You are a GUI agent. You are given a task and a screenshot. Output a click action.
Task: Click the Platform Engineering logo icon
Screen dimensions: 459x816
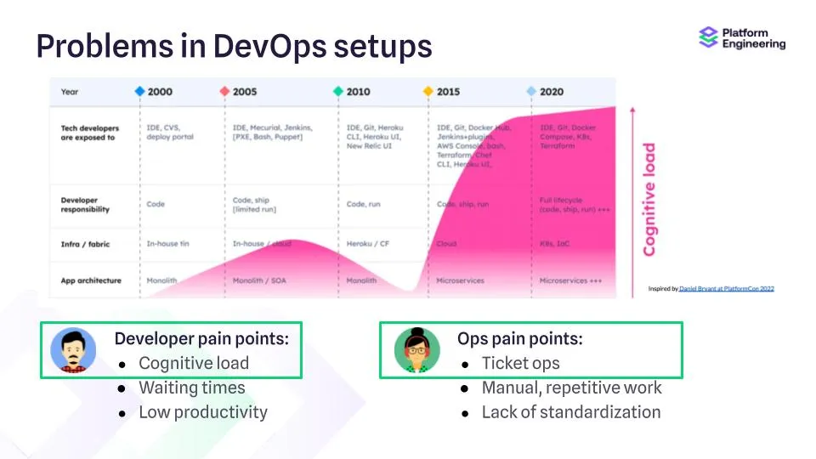tap(708, 38)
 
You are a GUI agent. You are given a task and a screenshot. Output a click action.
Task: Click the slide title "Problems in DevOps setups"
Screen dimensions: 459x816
tap(234, 47)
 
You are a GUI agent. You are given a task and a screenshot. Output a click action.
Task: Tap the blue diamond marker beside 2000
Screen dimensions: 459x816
tap(139, 91)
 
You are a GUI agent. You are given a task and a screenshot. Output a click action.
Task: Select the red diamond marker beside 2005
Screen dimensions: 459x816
tap(224, 91)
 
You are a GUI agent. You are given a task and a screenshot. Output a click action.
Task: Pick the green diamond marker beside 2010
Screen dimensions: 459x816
tap(338, 91)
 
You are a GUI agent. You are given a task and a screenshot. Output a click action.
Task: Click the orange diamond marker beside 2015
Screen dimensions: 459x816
tap(428, 91)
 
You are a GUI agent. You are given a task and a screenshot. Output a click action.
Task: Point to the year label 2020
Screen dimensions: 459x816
tap(551, 91)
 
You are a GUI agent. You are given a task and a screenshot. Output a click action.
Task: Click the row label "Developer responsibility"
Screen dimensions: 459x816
tap(85, 205)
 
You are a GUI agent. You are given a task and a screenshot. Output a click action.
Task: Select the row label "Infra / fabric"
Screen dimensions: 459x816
tap(85, 244)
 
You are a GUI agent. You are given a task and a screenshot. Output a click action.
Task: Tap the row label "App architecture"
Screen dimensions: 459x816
tap(91, 280)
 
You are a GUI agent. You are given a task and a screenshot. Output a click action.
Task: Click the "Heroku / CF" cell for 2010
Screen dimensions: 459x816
tap(367, 244)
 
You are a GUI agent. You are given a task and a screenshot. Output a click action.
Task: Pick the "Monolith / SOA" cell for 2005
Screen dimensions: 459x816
tap(259, 280)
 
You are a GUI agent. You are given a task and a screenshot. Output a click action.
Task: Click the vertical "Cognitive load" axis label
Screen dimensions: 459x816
tap(649, 199)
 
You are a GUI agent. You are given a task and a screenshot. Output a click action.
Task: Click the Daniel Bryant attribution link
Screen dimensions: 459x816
tap(726, 289)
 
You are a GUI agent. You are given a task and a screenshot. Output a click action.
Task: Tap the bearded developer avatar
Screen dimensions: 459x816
tap(73, 350)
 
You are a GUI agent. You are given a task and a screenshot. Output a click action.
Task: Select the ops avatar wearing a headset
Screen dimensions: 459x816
tap(416, 350)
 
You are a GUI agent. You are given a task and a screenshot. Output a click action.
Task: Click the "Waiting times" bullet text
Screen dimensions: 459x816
tap(191, 388)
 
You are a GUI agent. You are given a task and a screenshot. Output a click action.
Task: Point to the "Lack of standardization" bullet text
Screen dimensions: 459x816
tap(570, 412)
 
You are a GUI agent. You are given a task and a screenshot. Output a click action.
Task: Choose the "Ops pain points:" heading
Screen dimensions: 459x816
tap(519, 339)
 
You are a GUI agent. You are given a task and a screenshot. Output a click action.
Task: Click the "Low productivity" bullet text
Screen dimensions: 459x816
tap(202, 412)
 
